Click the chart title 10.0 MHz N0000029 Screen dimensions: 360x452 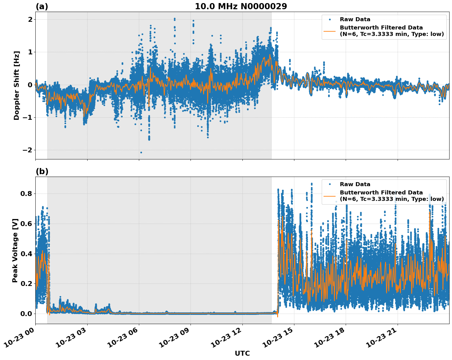[241, 6]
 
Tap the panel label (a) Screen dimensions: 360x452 [42, 6]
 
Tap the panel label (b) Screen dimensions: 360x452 [42, 171]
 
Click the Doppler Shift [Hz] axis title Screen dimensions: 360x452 [17, 85]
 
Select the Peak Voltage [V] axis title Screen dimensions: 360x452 [15, 250]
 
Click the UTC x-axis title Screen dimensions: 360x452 [242, 354]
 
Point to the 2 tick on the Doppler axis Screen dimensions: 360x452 [30, 19]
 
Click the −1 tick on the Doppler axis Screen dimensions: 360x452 [28, 117]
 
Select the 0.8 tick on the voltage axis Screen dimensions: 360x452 [26, 194]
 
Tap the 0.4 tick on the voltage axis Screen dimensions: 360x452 [26, 254]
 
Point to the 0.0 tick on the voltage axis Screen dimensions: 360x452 [26, 314]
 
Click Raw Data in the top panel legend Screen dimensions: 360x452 [355, 19]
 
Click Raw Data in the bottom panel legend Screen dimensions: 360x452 [355, 184]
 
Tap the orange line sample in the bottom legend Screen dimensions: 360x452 [330, 196]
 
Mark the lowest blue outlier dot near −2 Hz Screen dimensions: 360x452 [141, 152]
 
